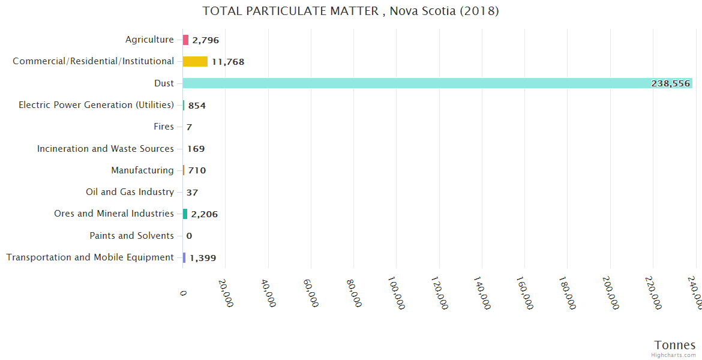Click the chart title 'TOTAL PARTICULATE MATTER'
click(350, 11)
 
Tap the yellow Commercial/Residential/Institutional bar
click(195, 61)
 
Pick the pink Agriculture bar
click(185, 40)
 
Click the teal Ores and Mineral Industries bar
click(185, 214)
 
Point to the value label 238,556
click(670, 83)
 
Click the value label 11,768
click(228, 62)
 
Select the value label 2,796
click(205, 40)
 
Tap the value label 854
click(197, 106)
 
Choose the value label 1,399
click(203, 258)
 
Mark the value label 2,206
click(205, 214)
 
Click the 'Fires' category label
click(164, 127)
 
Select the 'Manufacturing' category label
click(142, 170)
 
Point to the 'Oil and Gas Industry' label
click(130, 192)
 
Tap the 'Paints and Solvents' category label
click(131, 236)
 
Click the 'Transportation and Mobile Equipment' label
click(90, 257)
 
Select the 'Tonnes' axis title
click(674, 344)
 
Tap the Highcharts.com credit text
click(673, 355)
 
